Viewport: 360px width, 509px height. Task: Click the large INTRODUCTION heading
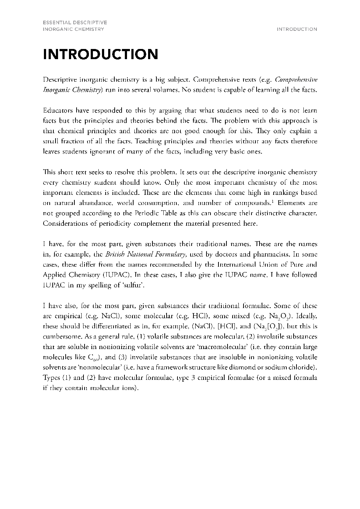coord(101,54)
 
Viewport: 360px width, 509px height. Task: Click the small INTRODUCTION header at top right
coord(296,29)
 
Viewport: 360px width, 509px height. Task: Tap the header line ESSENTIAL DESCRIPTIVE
coord(75,23)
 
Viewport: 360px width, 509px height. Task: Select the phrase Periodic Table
coord(144,213)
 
